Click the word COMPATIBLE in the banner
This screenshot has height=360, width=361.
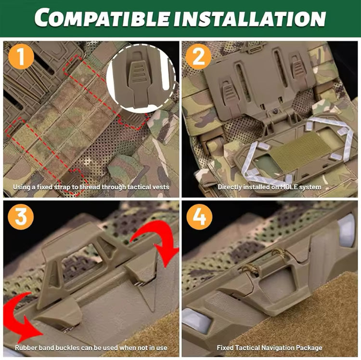tap(102, 17)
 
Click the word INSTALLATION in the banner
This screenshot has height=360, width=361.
tap(249, 18)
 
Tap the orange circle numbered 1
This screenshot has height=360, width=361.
tap(21, 56)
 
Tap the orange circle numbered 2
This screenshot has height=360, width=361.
tap(198, 56)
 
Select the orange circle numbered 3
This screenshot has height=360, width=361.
tap(21, 217)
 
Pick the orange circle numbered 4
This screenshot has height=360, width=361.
tap(199, 217)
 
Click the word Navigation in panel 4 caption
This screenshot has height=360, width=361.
tap(274, 347)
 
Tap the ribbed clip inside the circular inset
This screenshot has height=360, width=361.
tap(138, 80)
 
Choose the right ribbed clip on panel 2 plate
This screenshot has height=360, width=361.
tap(298, 67)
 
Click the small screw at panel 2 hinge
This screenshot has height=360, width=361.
tap(275, 111)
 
